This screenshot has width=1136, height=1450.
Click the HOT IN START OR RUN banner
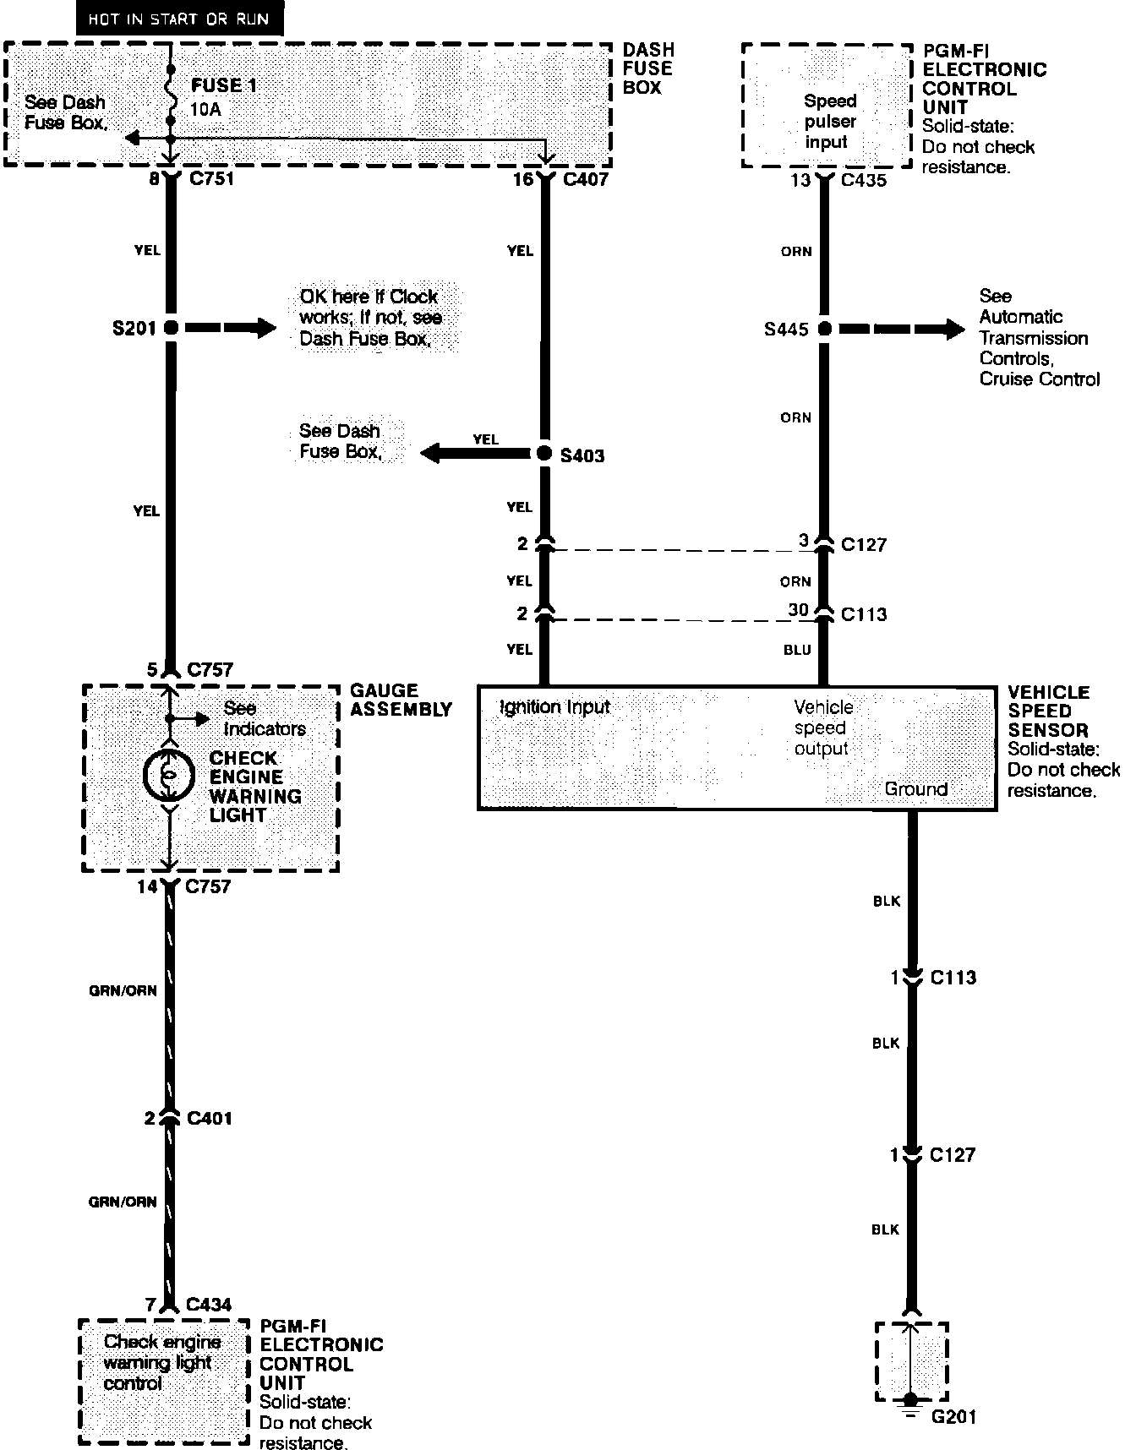click(179, 19)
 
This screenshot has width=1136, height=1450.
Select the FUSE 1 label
click(224, 85)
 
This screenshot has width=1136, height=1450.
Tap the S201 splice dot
click(171, 328)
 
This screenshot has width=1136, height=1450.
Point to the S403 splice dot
click(544, 454)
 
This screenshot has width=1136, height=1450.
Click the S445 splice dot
click(824, 329)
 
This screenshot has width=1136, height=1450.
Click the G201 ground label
click(953, 1417)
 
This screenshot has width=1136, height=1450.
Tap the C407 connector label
click(585, 179)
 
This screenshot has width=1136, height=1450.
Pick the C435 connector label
click(864, 180)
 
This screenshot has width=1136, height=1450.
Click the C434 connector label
click(209, 1305)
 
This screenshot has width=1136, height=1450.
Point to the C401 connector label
click(209, 1118)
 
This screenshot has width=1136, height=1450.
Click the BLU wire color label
click(797, 650)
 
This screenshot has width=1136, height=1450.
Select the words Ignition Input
click(554, 706)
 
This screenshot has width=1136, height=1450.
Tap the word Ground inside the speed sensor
click(915, 789)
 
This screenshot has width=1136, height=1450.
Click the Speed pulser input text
click(830, 121)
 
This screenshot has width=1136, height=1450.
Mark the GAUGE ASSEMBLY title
click(401, 700)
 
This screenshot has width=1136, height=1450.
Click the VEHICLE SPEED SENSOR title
click(1049, 711)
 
